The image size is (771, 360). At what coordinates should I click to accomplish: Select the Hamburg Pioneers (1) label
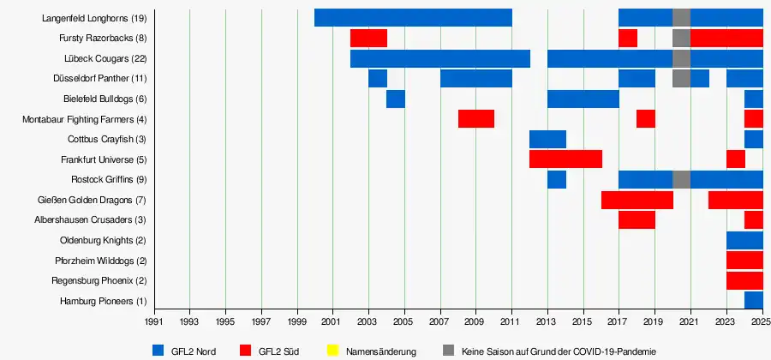tap(104, 301)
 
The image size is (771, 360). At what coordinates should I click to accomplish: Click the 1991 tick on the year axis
tap(153, 322)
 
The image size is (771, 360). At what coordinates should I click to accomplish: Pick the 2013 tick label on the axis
tap(547, 322)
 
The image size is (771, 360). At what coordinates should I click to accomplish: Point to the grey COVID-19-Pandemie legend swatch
tap(450, 351)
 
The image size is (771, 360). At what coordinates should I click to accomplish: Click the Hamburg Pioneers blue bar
tap(753, 300)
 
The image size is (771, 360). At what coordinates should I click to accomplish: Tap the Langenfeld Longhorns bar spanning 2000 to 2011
tap(413, 17)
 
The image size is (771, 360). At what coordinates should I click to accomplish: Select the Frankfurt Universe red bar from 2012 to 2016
tap(565, 159)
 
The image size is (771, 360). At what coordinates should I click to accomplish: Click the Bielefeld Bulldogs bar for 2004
tap(395, 99)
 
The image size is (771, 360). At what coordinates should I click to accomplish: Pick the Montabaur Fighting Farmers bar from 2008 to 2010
tap(475, 118)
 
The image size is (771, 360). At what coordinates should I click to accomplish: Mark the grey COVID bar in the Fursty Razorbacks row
tap(681, 38)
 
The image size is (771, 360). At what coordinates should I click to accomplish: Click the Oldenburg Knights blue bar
tap(744, 240)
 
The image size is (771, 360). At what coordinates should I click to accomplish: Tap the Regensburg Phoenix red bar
tap(744, 280)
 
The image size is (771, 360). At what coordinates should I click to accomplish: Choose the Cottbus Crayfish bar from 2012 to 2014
tap(547, 139)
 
